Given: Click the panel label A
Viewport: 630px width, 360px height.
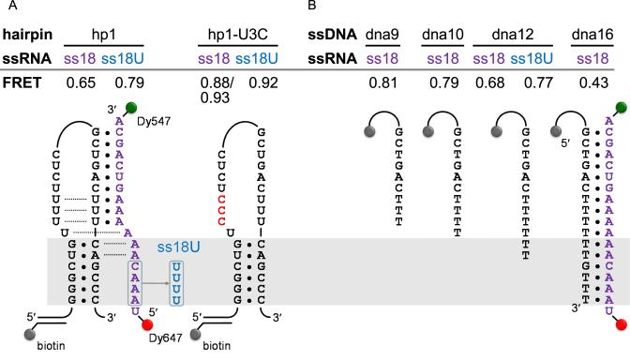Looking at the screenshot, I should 6,7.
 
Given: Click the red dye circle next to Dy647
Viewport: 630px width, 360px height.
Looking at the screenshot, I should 147,326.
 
